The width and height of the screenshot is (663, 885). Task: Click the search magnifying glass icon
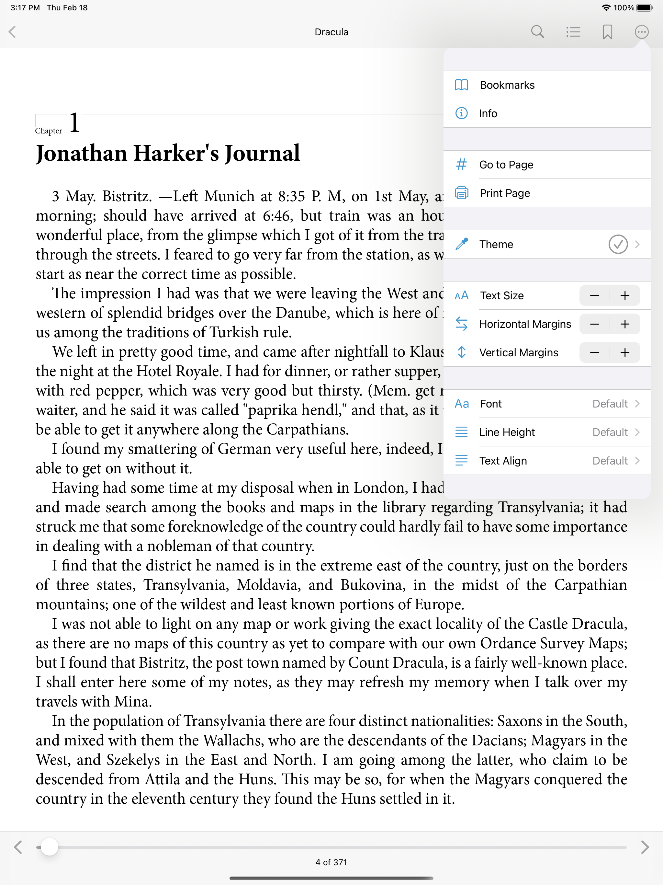point(537,32)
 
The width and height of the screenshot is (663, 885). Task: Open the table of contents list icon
point(573,32)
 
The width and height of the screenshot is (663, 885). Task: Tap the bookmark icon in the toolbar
point(607,32)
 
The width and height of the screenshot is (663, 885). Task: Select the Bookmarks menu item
point(507,85)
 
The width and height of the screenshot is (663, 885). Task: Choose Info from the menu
point(488,114)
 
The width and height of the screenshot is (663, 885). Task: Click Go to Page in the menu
point(506,165)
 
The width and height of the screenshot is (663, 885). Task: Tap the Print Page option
point(505,193)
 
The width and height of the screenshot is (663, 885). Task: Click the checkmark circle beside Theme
point(618,245)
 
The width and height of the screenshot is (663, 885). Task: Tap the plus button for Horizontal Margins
point(624,324)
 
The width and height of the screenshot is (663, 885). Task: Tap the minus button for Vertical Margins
point(595,352)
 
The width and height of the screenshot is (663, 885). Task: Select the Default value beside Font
point(610,404)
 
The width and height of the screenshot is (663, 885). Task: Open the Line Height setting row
point(547,432)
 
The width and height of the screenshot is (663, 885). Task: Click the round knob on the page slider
point(50,847)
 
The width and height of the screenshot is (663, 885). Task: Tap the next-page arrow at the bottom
point(645,847)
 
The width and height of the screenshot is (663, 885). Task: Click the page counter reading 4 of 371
point(331,862)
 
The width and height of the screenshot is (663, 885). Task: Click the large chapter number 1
point(74,122)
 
